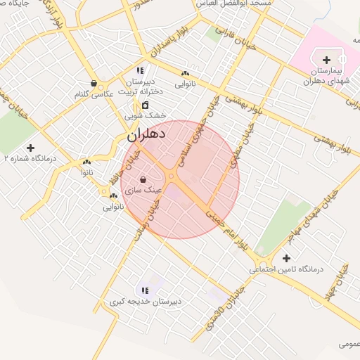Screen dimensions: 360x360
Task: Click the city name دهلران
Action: [x=146, y=133]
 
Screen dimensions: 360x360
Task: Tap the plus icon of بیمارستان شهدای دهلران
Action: [x=326, y=60]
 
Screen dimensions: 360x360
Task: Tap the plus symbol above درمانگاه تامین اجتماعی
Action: [x=285, y=258]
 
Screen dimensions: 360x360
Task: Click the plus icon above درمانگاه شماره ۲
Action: [x=30, y=148]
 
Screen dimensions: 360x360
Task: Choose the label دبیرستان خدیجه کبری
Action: [x=146, y=302]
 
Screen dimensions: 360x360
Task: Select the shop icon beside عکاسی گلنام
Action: [x=94, y=83]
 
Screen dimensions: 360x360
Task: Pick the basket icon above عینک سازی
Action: [x=143, y=179]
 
